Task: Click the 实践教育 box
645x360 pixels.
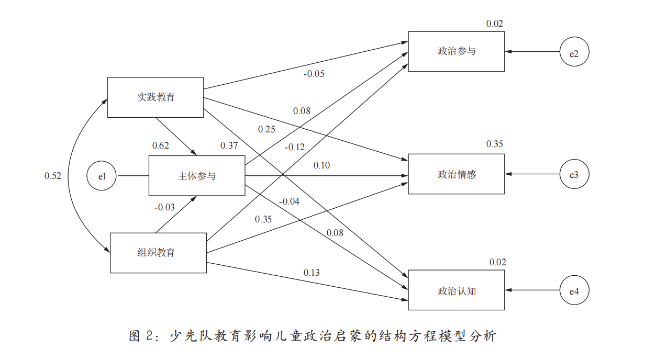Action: [x=155, y=97]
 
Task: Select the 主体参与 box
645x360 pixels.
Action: [x=197, y=176]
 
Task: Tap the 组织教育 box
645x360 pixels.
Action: [x=157, y=253]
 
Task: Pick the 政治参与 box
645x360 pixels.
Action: [x=457, y=51]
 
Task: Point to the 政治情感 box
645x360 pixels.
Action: [x=457, y=174]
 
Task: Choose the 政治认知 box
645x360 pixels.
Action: [x=457, y=290]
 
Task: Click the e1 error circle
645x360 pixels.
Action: [x=102, y=176]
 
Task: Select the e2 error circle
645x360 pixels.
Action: [x=574, y=52]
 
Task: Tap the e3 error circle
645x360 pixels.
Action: [x=574, y=174]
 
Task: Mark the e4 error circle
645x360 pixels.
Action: [x=574, y=290]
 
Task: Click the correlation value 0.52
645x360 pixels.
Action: [x=53, y=176]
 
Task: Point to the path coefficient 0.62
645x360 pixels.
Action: [x=160, y=145]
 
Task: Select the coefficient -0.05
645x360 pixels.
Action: [x=314, y=74]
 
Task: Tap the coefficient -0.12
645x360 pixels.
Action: [x=294, y=147]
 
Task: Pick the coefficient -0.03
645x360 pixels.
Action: [x=164, y=207]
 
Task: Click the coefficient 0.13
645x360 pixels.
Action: [x=311, y=273]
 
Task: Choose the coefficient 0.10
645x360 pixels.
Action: [x=321, y=165]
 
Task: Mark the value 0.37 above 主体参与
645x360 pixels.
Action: [x=229, y=145]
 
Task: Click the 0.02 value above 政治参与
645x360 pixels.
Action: [x=494, y=24]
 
